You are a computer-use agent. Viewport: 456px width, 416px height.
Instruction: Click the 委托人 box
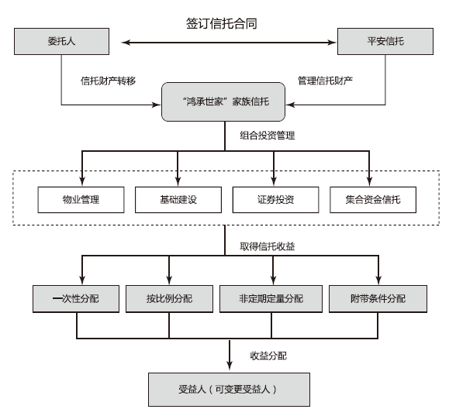[62, 41]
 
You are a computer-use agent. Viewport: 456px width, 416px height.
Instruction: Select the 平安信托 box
[385, 41]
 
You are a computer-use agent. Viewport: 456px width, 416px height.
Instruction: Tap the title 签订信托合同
[222, 23]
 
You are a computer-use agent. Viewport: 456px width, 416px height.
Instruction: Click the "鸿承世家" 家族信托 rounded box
[223, 101]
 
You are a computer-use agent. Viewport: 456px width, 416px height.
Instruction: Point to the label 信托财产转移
[109, 81]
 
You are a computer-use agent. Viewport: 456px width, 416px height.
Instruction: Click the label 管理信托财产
[325, 81]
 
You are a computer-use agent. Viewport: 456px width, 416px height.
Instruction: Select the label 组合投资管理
[268, 135]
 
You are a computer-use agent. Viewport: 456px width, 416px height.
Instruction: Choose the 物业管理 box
[81, 200]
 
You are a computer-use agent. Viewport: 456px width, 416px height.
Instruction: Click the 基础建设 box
[178, 200]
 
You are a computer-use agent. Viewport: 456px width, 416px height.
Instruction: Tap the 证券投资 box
[276, 200]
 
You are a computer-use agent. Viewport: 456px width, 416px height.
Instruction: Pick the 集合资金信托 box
[373, 200]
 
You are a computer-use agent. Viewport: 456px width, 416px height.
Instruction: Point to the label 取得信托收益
[268, 246]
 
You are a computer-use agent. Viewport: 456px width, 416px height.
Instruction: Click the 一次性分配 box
[76, 299]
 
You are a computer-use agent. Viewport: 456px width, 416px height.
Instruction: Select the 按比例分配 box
[169, 299]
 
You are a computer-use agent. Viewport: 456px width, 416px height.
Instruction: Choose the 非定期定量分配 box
[271, 299]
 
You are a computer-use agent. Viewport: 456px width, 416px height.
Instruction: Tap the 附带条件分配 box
[378, 299]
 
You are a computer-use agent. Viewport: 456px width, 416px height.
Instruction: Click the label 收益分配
[268, 356]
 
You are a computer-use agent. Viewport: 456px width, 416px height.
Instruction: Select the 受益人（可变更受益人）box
[230, 390]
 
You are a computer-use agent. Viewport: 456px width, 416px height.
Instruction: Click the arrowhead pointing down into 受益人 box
[230, 366]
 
